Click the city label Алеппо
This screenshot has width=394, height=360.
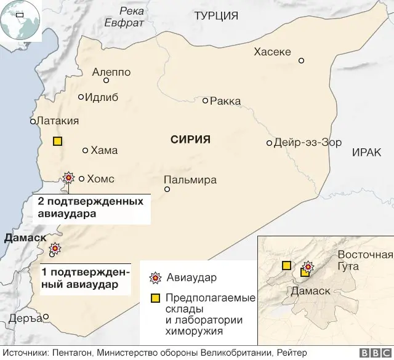click(111, 72)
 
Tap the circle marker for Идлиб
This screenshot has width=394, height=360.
click(81, 97)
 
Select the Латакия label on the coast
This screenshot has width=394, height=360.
click(57, 121)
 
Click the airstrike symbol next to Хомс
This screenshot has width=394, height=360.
click(68, 178)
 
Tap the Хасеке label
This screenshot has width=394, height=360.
click(272, 52)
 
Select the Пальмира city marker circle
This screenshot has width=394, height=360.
click(167, 190)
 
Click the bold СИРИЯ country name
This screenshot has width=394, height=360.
click(190, 140)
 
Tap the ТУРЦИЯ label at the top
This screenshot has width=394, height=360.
click(217, 16)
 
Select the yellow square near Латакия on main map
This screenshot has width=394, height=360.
click(57, 141)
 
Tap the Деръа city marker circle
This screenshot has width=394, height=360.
click(46, 318)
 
